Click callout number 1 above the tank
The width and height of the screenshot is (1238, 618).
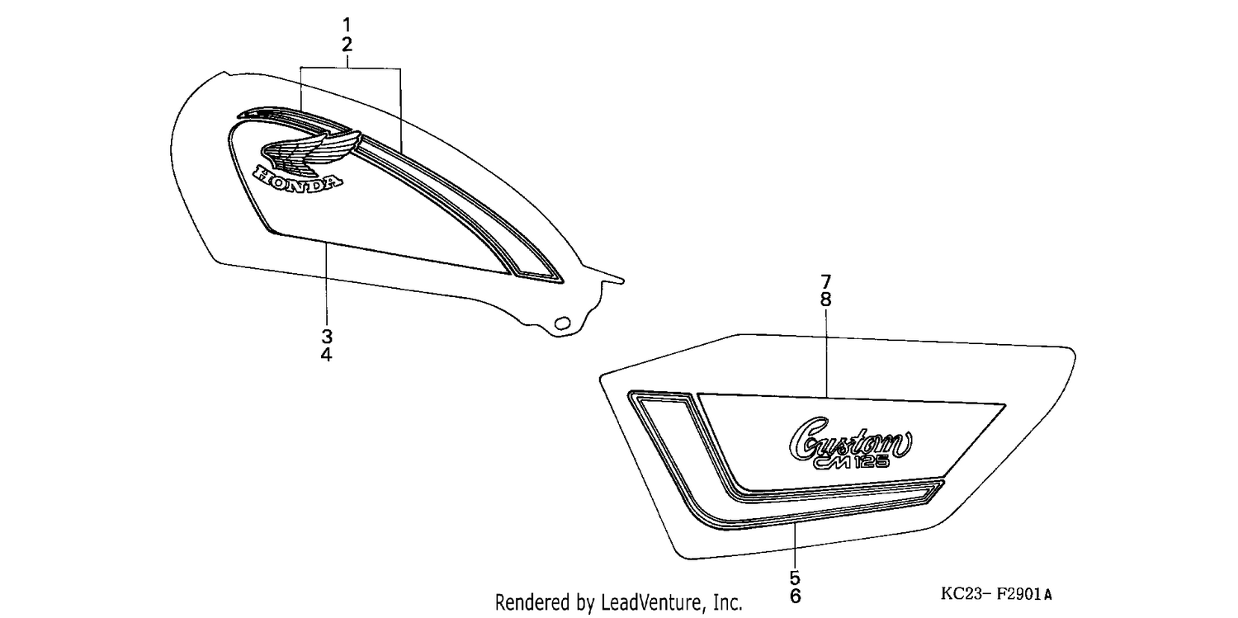click(347, 25)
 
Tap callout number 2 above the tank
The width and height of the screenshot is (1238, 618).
click(347, 45)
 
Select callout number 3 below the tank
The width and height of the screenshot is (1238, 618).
click(327, 336)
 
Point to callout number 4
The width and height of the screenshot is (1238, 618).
click(327, 355)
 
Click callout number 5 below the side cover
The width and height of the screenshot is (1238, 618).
click(795, 578)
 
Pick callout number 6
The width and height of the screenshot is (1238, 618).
click(795, 597)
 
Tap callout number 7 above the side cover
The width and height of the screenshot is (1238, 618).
click(825, 281)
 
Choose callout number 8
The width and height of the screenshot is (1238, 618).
click(825, 300)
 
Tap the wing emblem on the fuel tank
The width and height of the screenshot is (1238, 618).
click(312, 150)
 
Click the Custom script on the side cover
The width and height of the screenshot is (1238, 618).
click(850, 438)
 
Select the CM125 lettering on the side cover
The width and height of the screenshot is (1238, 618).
click(852, 461)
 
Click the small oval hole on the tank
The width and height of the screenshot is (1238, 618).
click(563, 323)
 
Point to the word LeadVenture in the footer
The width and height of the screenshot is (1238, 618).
click(651, 602)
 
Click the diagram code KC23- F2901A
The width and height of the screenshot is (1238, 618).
click(996, 594)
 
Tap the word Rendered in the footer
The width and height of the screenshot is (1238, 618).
click(533, 602)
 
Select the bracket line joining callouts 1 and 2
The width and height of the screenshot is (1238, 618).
click(351, 68)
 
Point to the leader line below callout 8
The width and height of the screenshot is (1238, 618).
click(826, 353)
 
